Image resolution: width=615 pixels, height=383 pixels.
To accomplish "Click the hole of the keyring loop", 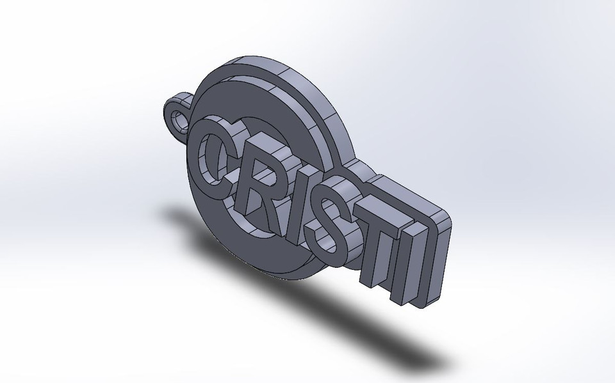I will pyautogui.click(x=177, y=118).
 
